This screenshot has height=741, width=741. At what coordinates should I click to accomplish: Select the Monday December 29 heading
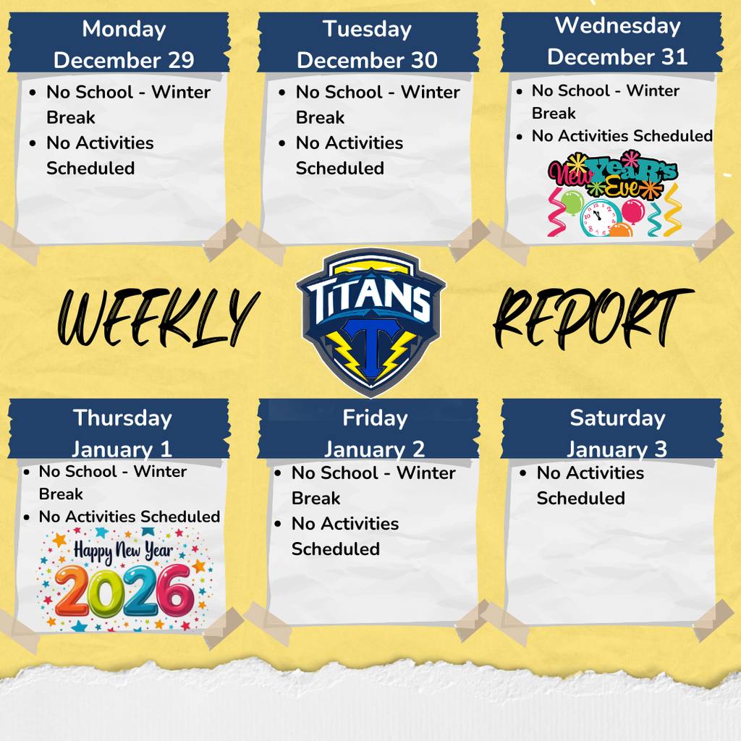pyautogui.click(x=124, y=44)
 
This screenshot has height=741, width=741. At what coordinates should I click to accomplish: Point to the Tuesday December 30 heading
pyautogui.click(x=367, y=44)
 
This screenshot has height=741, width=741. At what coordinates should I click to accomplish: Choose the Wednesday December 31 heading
pyautogui.click(x=617, y=41)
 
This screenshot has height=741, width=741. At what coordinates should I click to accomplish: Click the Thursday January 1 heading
pyautogui.click(x=122, y=433)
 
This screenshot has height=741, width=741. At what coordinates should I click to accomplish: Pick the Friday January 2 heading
pyautogui.click(x=374, y=433)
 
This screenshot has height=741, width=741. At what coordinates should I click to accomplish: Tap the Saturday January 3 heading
pyautogui.click(x=617, y=433)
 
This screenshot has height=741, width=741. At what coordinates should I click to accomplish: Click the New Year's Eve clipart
pyautogui.click(x=614, y=193)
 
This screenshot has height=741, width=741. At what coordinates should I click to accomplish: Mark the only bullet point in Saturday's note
pyautogui.click(x=523, y=473)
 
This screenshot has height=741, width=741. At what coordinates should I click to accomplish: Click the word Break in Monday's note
pyautogui.click(x=71, y=117)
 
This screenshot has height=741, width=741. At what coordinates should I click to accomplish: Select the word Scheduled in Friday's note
pyautogui.click(x=335, y=549)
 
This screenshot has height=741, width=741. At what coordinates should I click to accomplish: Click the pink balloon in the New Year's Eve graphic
pyautogui.click(x=633, y=211)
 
